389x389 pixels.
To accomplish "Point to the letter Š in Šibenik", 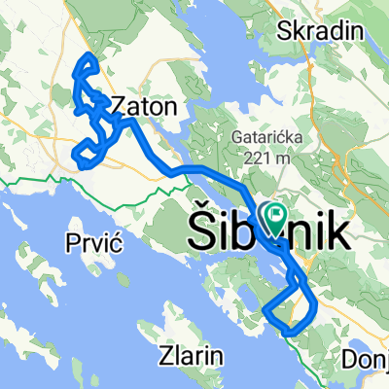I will [x=199, y=229].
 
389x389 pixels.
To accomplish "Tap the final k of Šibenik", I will [x=336, y=230].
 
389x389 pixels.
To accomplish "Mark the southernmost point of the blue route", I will [x=290, y=334].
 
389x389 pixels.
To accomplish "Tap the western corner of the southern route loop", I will [x=265, y=310].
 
